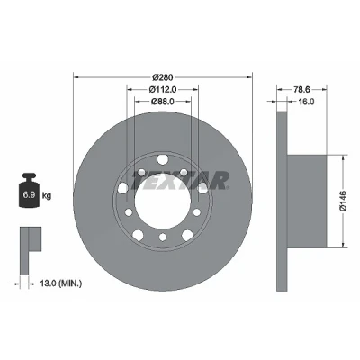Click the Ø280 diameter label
coord(163,77)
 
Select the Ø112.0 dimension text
coord(162,89)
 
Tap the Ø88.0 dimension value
coord(163,102)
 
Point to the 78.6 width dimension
coord(301,89)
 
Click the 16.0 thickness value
coord(306,102)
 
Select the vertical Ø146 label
coord(343,201)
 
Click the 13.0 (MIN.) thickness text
coord(61,283)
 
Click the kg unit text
coord(47,196)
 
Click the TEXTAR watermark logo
coord(180,181)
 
